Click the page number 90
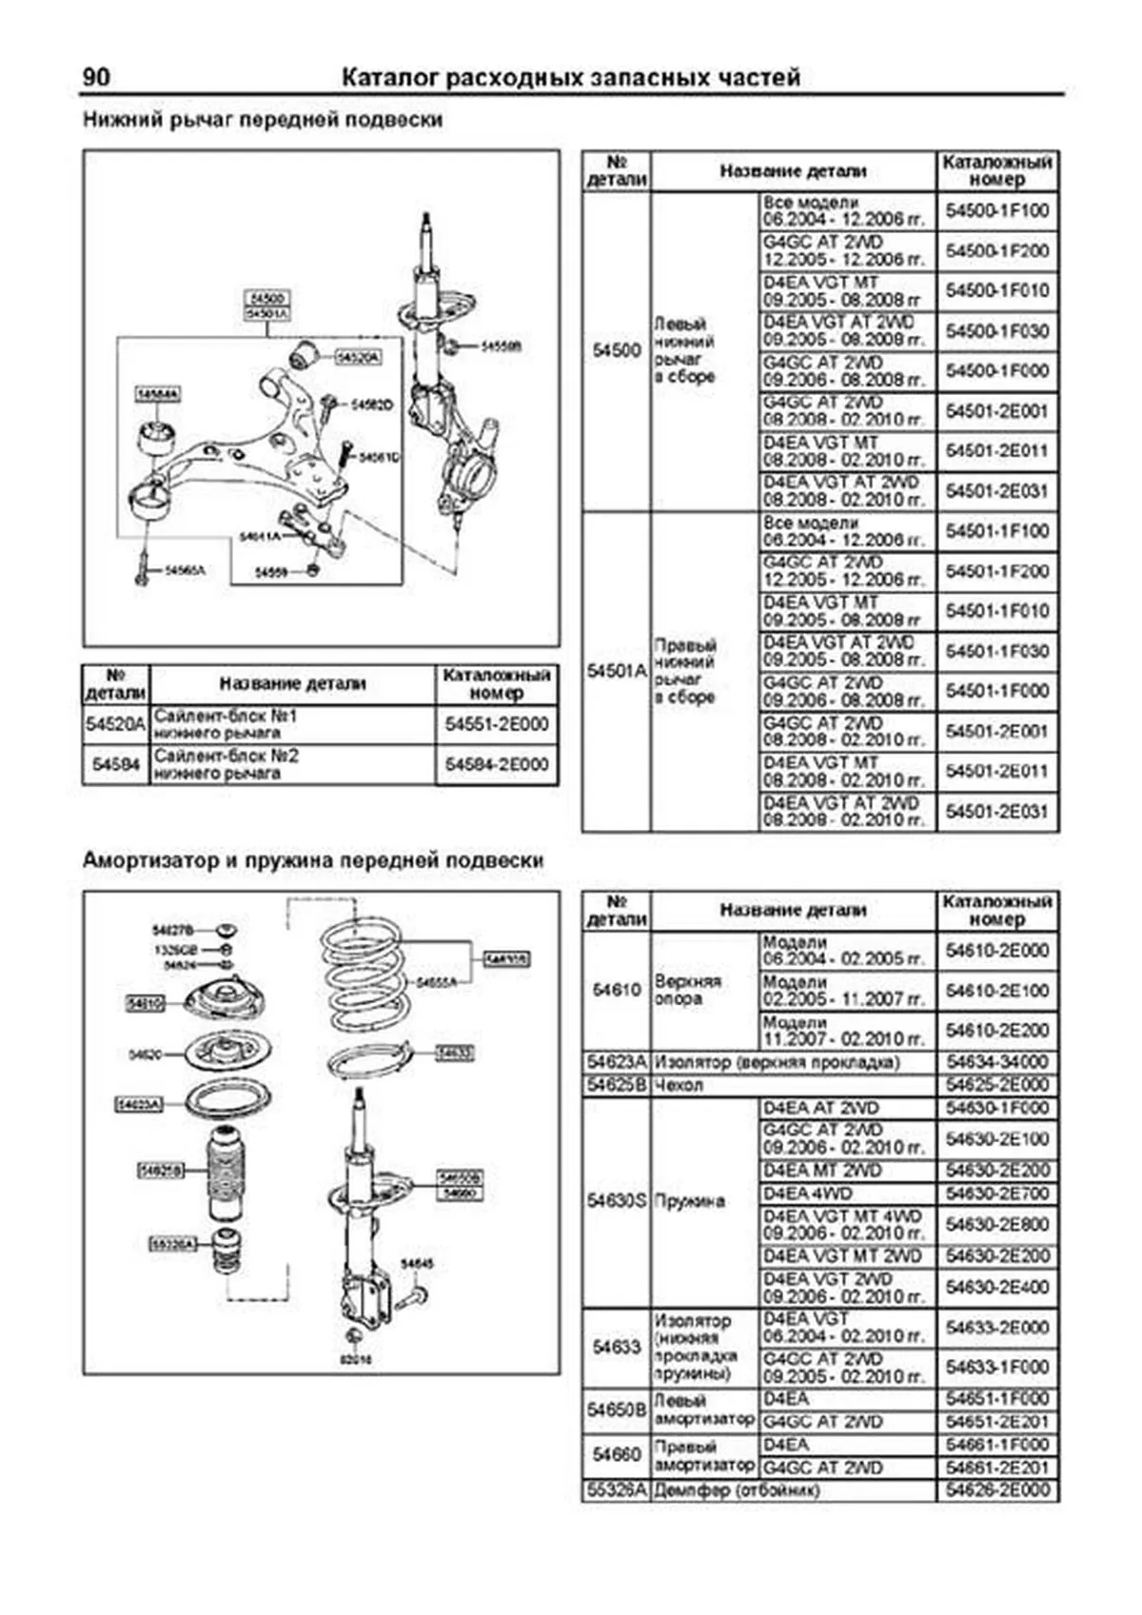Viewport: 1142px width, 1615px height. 96,77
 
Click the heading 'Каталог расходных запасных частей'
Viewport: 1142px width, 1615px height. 570,78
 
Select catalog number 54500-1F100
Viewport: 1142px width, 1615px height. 996,210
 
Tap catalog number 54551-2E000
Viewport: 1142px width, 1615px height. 496,724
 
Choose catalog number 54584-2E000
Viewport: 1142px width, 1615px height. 496,764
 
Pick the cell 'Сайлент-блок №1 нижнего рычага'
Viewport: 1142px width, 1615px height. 291,724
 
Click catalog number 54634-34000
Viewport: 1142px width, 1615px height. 996,1061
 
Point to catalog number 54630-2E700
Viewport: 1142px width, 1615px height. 996,1193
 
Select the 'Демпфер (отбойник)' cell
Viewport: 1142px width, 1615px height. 736,1489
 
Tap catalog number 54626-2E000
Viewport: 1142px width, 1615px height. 996,1489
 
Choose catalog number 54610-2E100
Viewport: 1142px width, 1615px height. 996,990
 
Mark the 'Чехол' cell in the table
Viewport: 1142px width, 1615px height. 679,1084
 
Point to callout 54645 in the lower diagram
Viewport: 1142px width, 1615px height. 417,1264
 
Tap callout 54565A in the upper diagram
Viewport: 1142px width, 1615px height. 184,570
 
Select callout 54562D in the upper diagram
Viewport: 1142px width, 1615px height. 372,404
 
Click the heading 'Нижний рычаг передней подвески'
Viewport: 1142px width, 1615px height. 263,120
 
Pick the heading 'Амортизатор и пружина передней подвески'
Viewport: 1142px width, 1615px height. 313,860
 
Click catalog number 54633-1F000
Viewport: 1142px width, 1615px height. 996,1367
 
